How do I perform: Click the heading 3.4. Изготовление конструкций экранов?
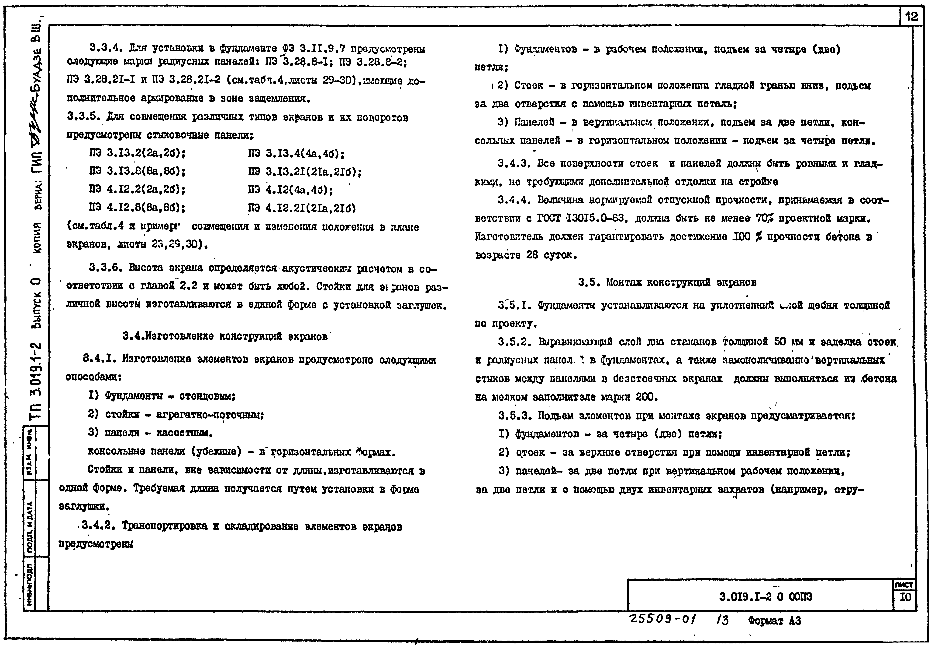(x=225, y=336)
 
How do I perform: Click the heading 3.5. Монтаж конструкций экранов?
(x=667, y=282)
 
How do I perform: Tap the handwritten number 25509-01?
(x=662, y=620)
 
